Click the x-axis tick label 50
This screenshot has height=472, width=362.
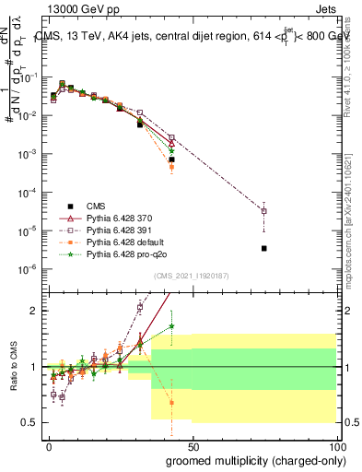pos(193,446)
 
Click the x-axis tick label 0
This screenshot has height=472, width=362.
pos(50,446)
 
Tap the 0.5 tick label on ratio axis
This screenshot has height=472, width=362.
pos(34,422)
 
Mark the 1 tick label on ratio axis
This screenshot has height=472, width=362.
pos(38,367)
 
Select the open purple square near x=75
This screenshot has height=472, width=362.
pos(264,211)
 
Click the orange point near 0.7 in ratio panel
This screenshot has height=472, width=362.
pos(171,402)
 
